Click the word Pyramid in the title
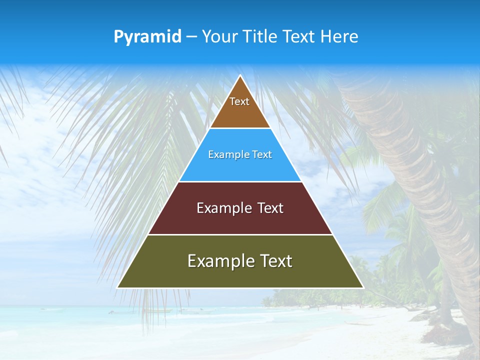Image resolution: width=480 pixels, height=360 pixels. pyautogui.click(x=147, y=37)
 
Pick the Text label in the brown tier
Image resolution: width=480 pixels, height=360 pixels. pyautogui.click(x=239, y=101)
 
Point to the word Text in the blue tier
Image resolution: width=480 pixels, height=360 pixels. pyautogui.click(x=262, y=155)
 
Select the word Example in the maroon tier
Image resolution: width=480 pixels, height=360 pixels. pyautogui.click(x=223, y=208)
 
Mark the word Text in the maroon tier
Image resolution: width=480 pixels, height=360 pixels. pyautogui.click(x=270, y=208)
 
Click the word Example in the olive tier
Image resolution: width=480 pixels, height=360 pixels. pyautogui.click(x=219, y=261)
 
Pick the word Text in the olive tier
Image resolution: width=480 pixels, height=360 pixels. pyautogui.click(x=274, y=261)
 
